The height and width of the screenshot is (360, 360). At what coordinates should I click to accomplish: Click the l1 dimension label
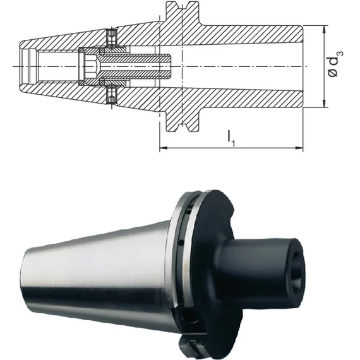click(231, 138)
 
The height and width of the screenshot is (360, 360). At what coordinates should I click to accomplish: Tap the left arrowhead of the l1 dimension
click(162, 148)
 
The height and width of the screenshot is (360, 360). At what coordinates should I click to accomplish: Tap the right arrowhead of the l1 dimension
click(299, 148)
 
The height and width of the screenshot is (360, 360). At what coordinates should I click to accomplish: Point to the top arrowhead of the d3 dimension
click(324, 29)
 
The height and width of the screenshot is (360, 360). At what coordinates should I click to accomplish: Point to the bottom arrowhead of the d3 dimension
click(324, 104)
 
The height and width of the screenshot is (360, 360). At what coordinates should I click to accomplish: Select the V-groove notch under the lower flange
click(183, 128)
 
